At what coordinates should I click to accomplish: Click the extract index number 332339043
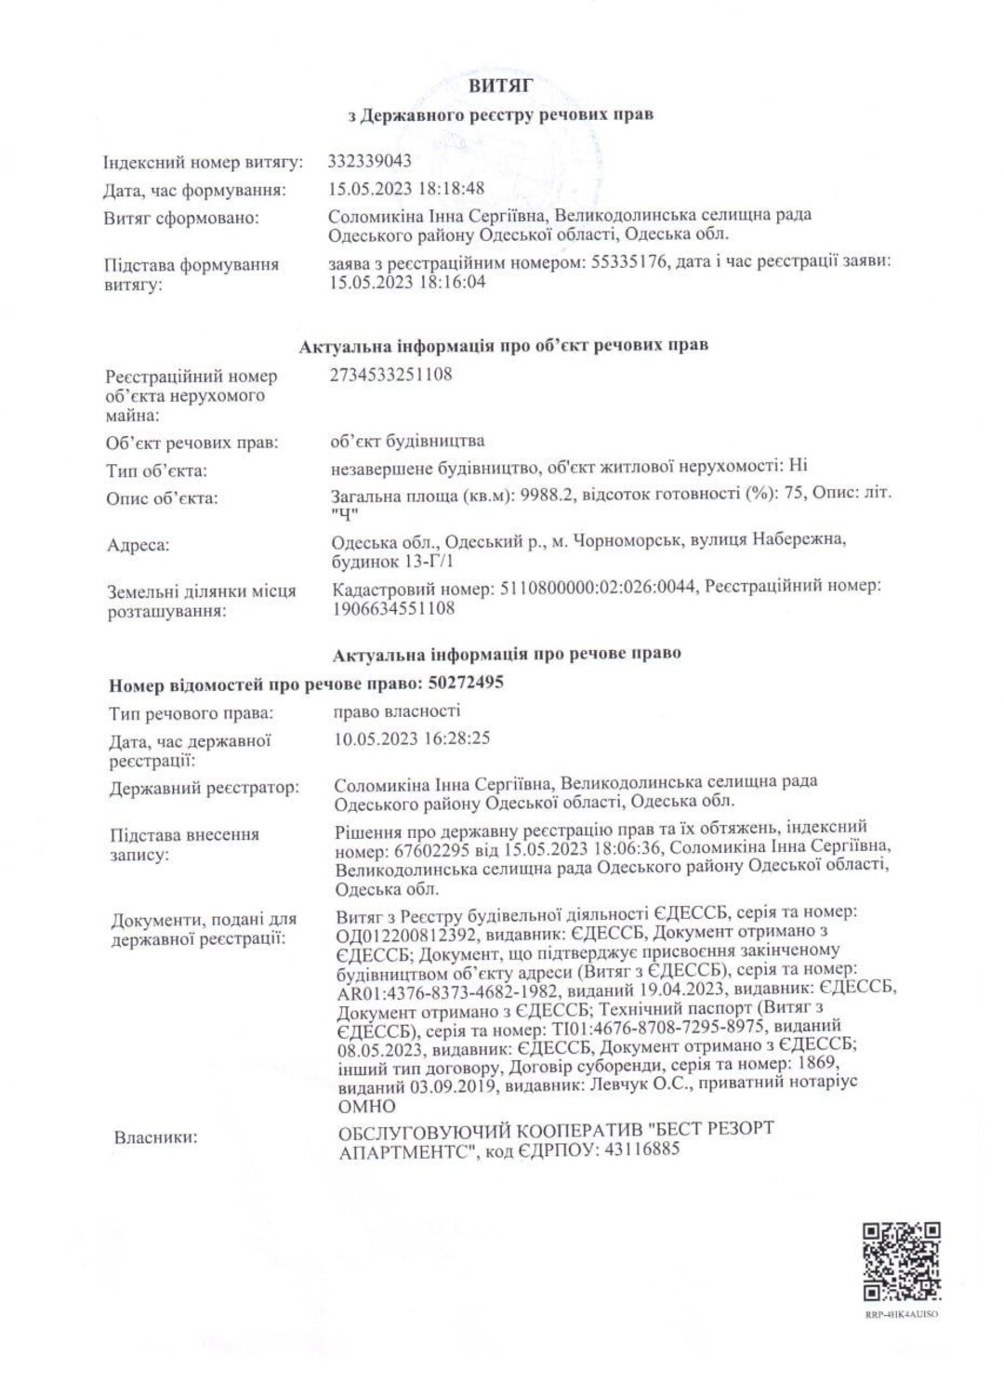(370, 161)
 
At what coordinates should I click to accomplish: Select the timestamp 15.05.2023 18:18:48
(407, 188)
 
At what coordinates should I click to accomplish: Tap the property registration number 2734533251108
(390, 375)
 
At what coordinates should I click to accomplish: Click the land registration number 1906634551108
(393, 608)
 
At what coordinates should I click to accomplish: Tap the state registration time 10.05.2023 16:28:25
(412, 739)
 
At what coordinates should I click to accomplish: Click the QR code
(901, 1262)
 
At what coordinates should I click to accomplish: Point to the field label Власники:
(155, 1136)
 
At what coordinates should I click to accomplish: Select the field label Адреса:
(139, 546)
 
